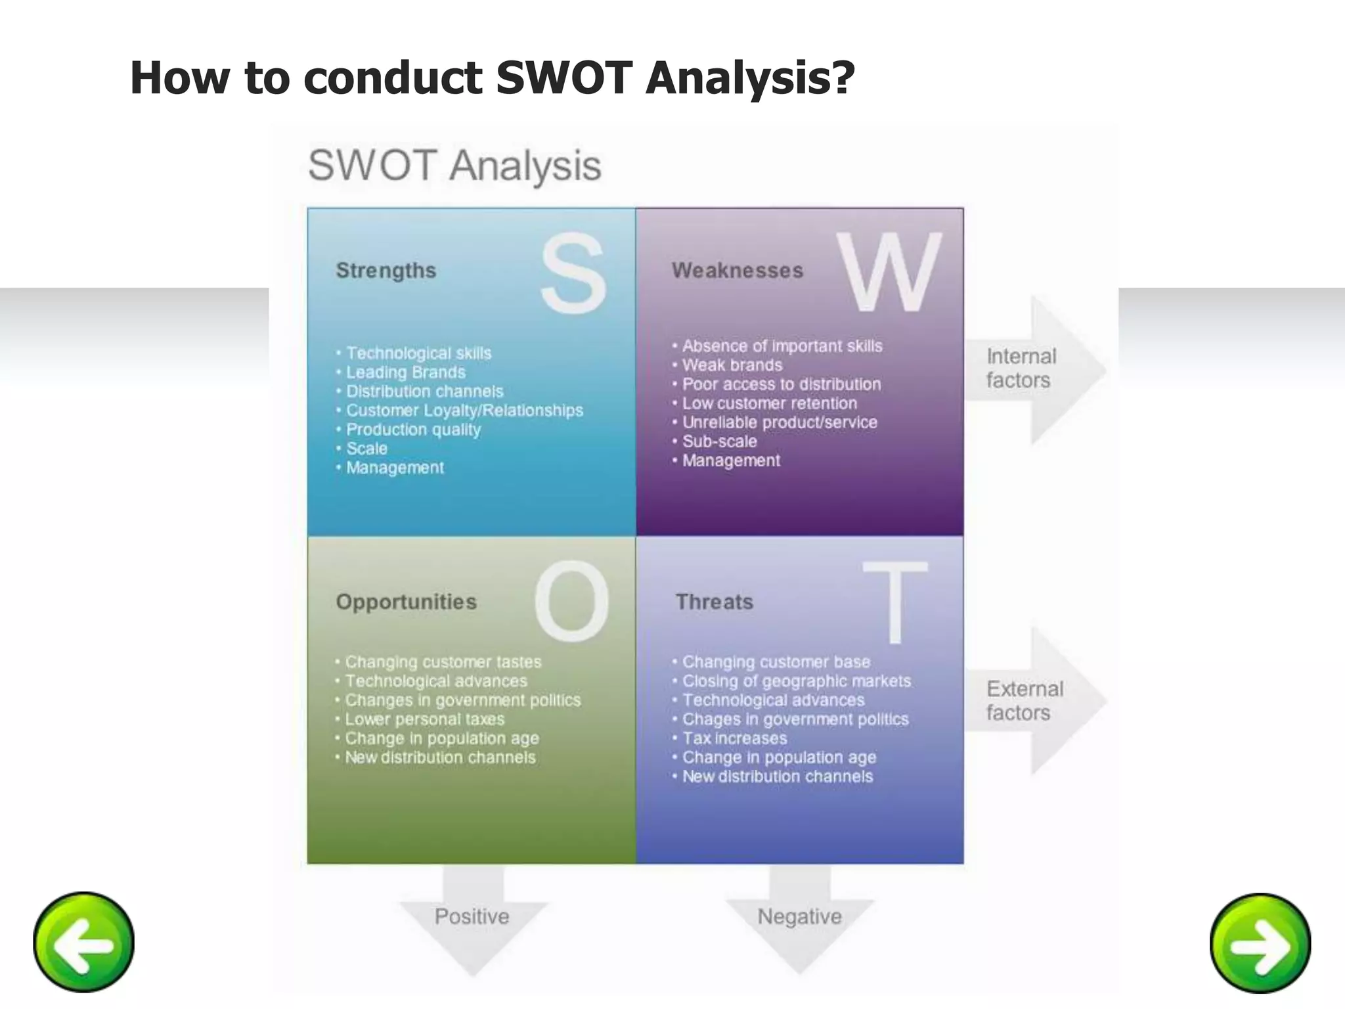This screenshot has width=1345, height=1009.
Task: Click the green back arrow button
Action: pyautogui.click(x=83, y=942)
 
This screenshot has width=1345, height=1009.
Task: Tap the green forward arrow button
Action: pyautogui.click(x=1260, y=943)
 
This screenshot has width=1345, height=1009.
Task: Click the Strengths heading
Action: pyautogui.click(x=386, y=271)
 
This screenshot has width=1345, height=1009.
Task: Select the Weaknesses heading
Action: pyautogui.click(x=737, y=271)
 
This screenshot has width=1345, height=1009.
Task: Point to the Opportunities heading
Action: pyautogui.click(x=406, y=602)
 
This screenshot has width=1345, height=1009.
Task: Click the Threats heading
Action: pyautogui.click(x=715, y=602)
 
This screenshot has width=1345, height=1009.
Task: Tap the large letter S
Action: pyautogui.click(x=573, y=275)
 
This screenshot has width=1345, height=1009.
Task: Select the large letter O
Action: pyautogui.click(x=572, y=602)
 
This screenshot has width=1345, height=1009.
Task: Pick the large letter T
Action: pyautogui.click(x=894, y=603)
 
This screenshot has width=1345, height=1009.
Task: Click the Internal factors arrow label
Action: pyautogui.click(x=1021, y=369)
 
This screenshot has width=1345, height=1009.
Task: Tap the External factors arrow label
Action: pyautogui.click(x=1023, y=701)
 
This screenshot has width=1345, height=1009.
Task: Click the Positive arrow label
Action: pyautogui.click(x=472, y=916)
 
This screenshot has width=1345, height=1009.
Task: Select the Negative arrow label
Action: pyautogui.click(x=799, y=916)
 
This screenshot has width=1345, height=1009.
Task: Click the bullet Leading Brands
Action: pyautogui.click(x=405, y=372)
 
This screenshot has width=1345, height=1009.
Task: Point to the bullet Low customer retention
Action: pyautogui.click(x=769, y=403)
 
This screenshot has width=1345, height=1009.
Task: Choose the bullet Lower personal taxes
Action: pyautogui.click(x=424, y=719)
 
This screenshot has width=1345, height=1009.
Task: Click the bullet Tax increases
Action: pyautogui.click(x=734, y=738)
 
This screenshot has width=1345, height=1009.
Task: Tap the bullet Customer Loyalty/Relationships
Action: pyautogui.click(x=464, y=411)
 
